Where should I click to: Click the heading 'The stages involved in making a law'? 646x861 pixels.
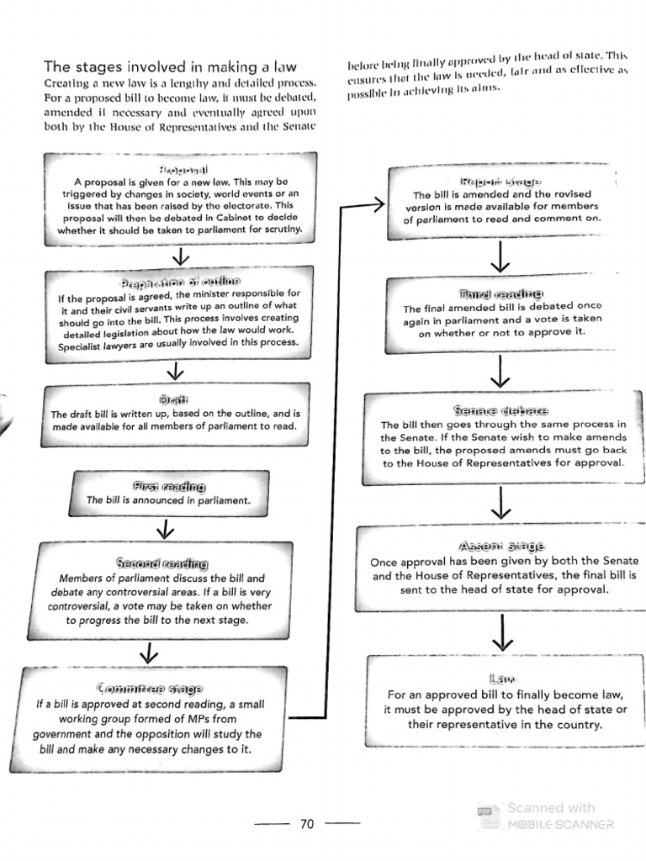[169, 66]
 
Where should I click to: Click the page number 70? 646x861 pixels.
[306, 824]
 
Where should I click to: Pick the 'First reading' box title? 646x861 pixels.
[168, 486]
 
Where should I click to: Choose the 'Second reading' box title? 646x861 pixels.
[162, 563]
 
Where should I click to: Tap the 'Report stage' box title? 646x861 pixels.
[500, 181]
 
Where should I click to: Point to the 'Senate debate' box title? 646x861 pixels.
[500, 410]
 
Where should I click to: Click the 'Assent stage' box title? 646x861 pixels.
[501, 545]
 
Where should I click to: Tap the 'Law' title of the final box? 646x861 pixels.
[501, 678]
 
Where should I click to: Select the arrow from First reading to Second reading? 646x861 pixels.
[165, 529]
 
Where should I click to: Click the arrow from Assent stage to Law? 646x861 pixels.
[502, 632]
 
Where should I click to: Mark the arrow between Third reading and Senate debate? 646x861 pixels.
[501, 369]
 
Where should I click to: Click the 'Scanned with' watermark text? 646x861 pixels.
[551, 807]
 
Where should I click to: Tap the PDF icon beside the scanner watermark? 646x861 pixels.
[484, 811]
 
